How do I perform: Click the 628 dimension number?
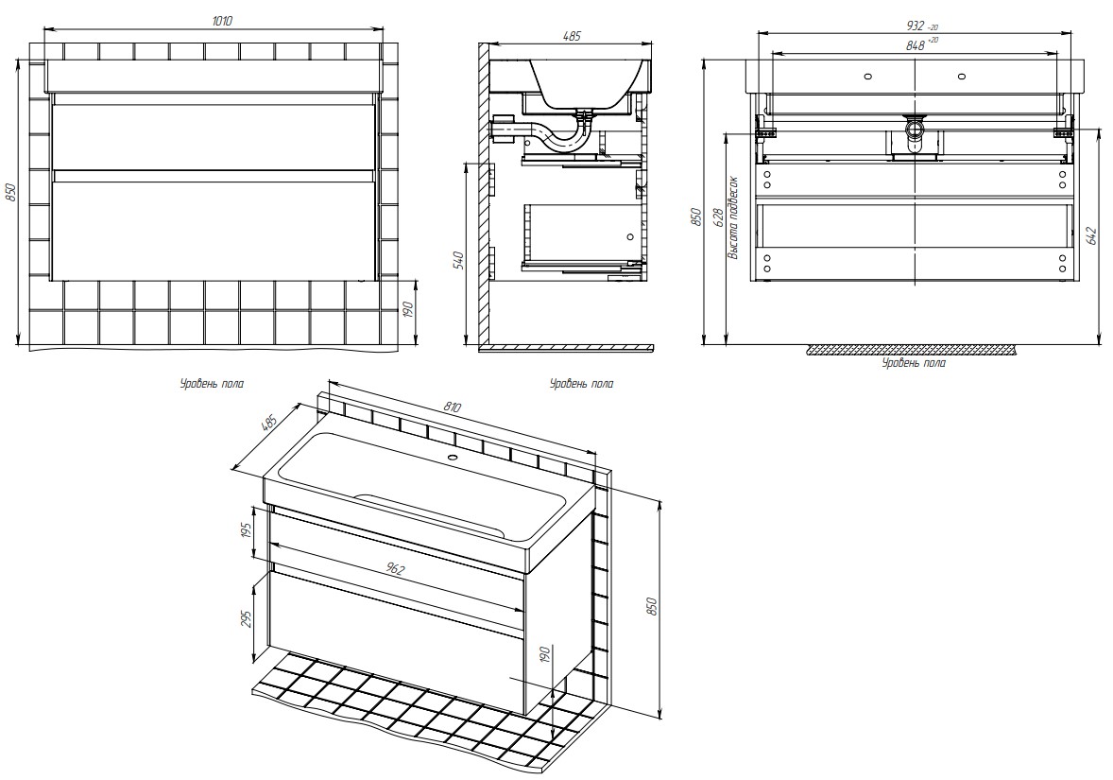pos(718,218)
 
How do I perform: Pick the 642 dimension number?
pos(1092,234)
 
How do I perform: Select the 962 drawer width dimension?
pos(395,569)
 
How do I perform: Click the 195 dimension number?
pos(247,532)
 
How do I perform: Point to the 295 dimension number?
pos(247,619)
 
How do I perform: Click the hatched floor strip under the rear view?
pos(912,350)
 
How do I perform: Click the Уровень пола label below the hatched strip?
pos(913,363)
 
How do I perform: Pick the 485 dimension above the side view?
pos(571,37)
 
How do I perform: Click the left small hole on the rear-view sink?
pos(868,76)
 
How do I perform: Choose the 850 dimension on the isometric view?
pos(651,605)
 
